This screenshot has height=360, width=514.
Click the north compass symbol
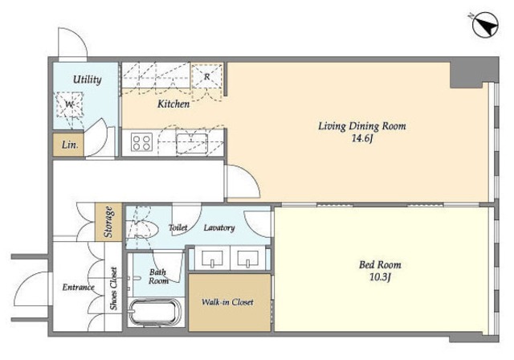485,25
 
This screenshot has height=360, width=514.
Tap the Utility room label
87,80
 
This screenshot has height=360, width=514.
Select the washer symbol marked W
69,104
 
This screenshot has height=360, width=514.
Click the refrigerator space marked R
207,76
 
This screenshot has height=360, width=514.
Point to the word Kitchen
173,104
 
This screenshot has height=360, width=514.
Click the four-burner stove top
141,142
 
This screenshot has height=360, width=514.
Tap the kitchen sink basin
192,144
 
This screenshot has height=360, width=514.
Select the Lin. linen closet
68,145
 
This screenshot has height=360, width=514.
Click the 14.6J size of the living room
362,139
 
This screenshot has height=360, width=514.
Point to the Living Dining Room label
362,126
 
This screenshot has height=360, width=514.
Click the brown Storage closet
108,222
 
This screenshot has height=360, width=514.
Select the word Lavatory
219,227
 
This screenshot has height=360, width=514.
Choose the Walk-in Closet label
227,302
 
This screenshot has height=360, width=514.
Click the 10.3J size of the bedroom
380,277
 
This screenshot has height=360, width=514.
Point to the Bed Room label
380,264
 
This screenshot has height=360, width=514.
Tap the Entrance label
79,287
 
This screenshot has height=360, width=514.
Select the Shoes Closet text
113,288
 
